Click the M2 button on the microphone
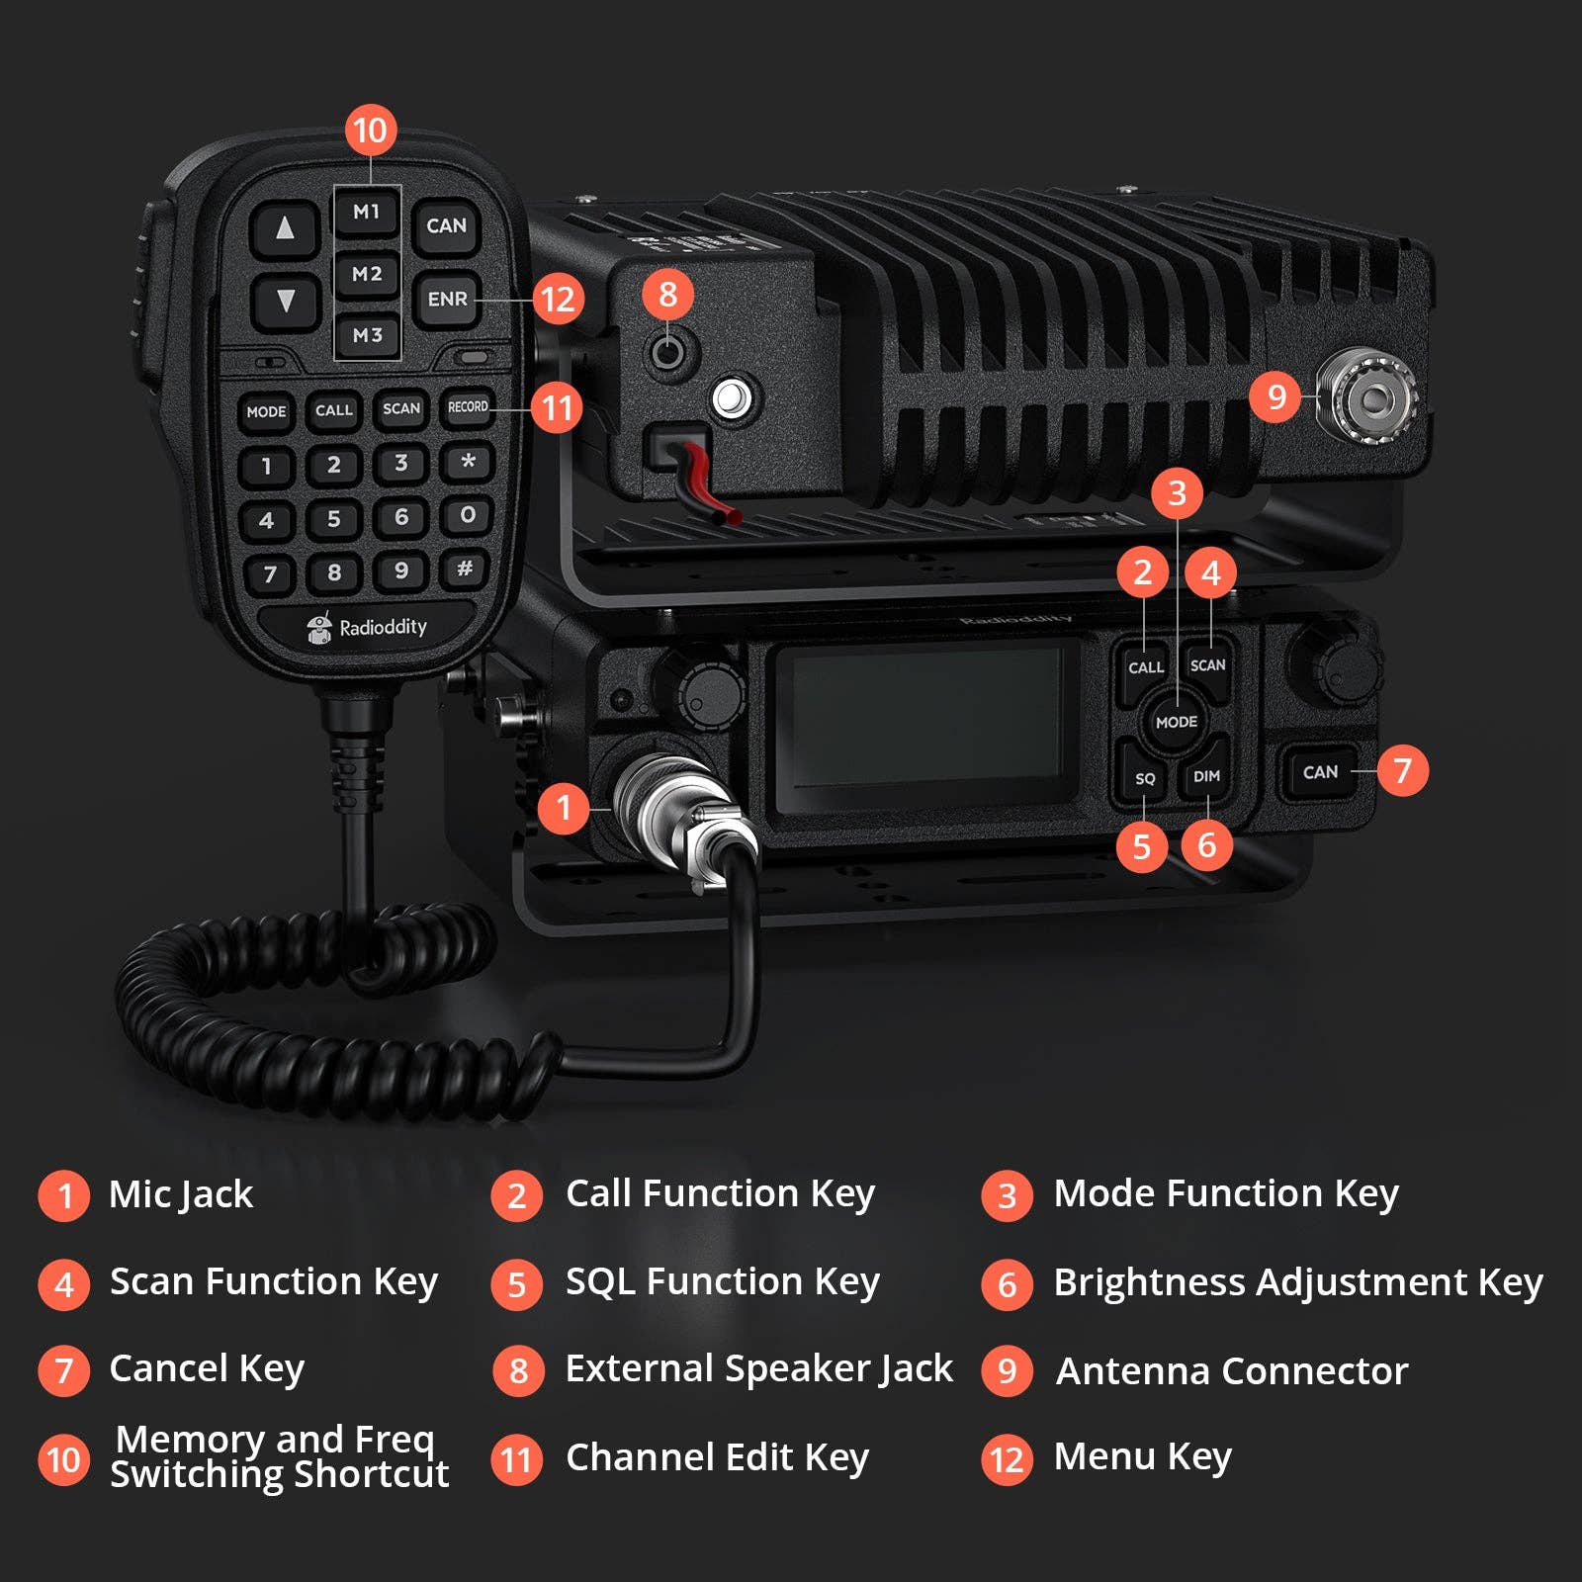point(367,274)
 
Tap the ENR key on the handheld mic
point(447,299)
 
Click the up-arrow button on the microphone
point(285,229)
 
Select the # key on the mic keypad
point(465,569)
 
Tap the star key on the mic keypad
point(468,461)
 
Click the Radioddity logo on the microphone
point(367,628)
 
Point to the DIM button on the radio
point(1206,776)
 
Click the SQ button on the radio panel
point(1145,778)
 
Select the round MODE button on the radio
point(1177,722)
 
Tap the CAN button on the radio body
point(1320,772)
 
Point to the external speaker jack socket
point(668,351)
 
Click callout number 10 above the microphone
point(371,131)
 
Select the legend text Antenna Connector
point(1232,1371)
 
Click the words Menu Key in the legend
point(1143,1457)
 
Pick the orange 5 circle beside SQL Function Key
point(516,1284)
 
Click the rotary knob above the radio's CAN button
point(1335,667)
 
